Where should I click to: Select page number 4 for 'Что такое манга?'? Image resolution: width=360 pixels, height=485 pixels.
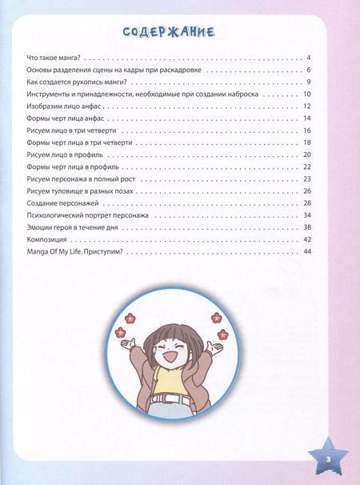308,59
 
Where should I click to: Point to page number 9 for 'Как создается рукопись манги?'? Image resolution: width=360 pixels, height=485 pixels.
308,82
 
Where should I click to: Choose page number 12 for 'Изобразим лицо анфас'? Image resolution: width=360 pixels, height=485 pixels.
306,106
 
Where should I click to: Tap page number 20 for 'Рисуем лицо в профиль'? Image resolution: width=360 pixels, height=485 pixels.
306,154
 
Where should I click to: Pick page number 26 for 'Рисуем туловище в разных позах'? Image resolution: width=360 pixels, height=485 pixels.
306,190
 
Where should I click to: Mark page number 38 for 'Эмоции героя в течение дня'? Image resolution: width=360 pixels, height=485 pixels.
306,228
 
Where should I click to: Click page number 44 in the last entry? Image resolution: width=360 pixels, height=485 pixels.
306,252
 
